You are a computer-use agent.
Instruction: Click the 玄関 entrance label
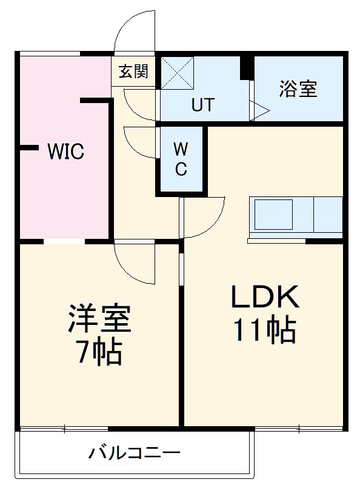tap(133, 72)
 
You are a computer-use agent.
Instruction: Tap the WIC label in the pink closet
tap(65, 151)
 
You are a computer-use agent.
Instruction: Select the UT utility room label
tap(203, 104)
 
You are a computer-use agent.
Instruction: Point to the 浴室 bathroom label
tap(298, 89)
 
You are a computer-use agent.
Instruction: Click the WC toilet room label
tap(181, 159)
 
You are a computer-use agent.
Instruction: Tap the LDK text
tap(265, 297)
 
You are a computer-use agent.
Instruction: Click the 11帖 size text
tap(265, 329)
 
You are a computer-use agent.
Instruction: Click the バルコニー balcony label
tap(135, 453)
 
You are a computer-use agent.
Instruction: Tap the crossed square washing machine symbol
tap(177, 73)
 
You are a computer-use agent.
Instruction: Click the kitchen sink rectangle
tap(273, 215)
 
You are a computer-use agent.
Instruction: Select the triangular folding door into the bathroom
tap(260, 110)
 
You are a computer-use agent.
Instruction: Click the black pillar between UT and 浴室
tap(246, 67)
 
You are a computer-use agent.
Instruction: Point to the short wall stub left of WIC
tap(29, 148)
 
